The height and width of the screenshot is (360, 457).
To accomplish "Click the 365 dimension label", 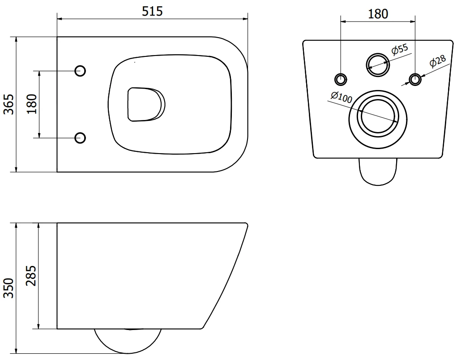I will click(10, 104).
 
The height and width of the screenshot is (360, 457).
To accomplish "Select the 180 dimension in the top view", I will click(31, 104).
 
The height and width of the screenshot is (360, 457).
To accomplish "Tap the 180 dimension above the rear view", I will click(378, 13).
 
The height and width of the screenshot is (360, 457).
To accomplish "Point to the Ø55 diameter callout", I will click(400, 49).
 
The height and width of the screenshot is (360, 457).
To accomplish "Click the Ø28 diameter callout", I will click(437, 62).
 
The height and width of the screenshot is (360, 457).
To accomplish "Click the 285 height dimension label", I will click(31, 276).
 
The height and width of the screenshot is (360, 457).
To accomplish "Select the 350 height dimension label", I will click(10, 287).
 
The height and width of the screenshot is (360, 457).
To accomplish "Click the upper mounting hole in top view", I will click(80, 70).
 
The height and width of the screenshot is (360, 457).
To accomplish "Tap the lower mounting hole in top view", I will click(80, 137).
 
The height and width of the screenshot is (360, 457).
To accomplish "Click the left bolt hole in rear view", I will click(341, 79).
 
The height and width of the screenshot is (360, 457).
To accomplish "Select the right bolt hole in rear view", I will click(416, 79).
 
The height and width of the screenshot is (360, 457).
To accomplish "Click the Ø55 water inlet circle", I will click(378, 63).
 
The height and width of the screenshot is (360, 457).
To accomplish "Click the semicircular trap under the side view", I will click(128, 340).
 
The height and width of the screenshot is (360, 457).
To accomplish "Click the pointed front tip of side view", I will click(247, 224).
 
